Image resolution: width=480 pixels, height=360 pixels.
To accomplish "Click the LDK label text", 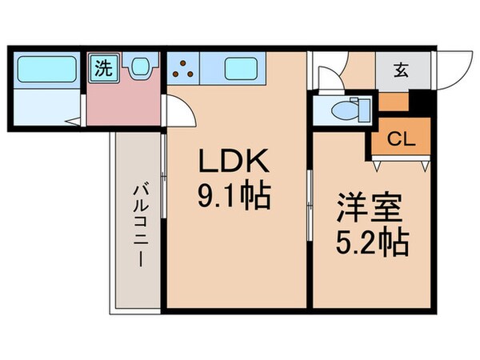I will coord(235,163).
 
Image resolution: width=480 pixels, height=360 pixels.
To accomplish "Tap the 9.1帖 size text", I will coord(235,194).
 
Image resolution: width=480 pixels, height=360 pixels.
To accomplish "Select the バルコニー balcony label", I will coord(138,227).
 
